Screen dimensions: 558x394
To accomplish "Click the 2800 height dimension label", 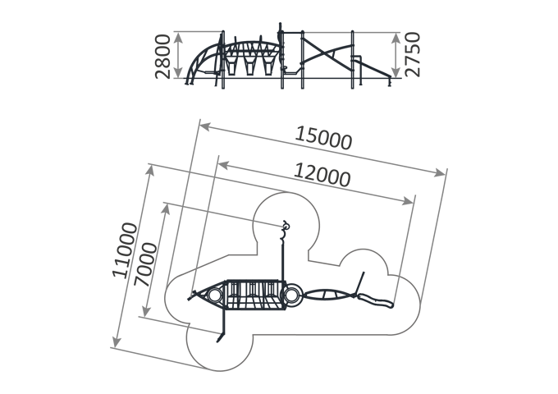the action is coord(163,57).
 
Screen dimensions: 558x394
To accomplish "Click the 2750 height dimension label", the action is coord(413,54).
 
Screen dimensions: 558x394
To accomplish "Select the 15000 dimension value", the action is coord(323,138).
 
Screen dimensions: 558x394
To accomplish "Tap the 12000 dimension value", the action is coord(322,175).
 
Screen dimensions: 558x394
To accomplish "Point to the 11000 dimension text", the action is coord(125,250).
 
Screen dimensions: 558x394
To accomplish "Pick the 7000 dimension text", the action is coord(145,264).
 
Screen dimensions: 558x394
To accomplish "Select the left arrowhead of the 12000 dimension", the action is coord(223,164).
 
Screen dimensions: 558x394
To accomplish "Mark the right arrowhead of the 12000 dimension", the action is coord(408,201).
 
